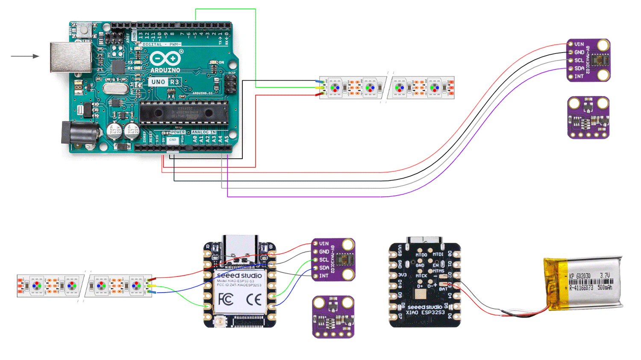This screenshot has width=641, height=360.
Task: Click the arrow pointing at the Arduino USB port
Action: click(25, 56)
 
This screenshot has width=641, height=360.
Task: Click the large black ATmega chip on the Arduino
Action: click(184, 113)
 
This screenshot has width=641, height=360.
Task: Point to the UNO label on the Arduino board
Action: click(158, 82)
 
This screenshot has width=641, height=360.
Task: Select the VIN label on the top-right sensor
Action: click(579, 44)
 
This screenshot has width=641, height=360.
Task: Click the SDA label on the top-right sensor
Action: click(579, 68)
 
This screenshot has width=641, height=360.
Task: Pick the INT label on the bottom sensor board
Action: click(324, 276)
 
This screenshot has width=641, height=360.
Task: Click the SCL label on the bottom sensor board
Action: click(324, 260)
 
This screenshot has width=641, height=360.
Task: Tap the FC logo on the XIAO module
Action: click(226, 299)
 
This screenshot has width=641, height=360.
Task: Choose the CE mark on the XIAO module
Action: click(254, 299)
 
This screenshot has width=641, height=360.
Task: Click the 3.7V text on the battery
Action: click(605, 276)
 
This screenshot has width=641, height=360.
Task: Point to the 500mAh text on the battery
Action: click(604, 288)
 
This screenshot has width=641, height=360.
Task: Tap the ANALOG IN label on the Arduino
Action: click(203, 132)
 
